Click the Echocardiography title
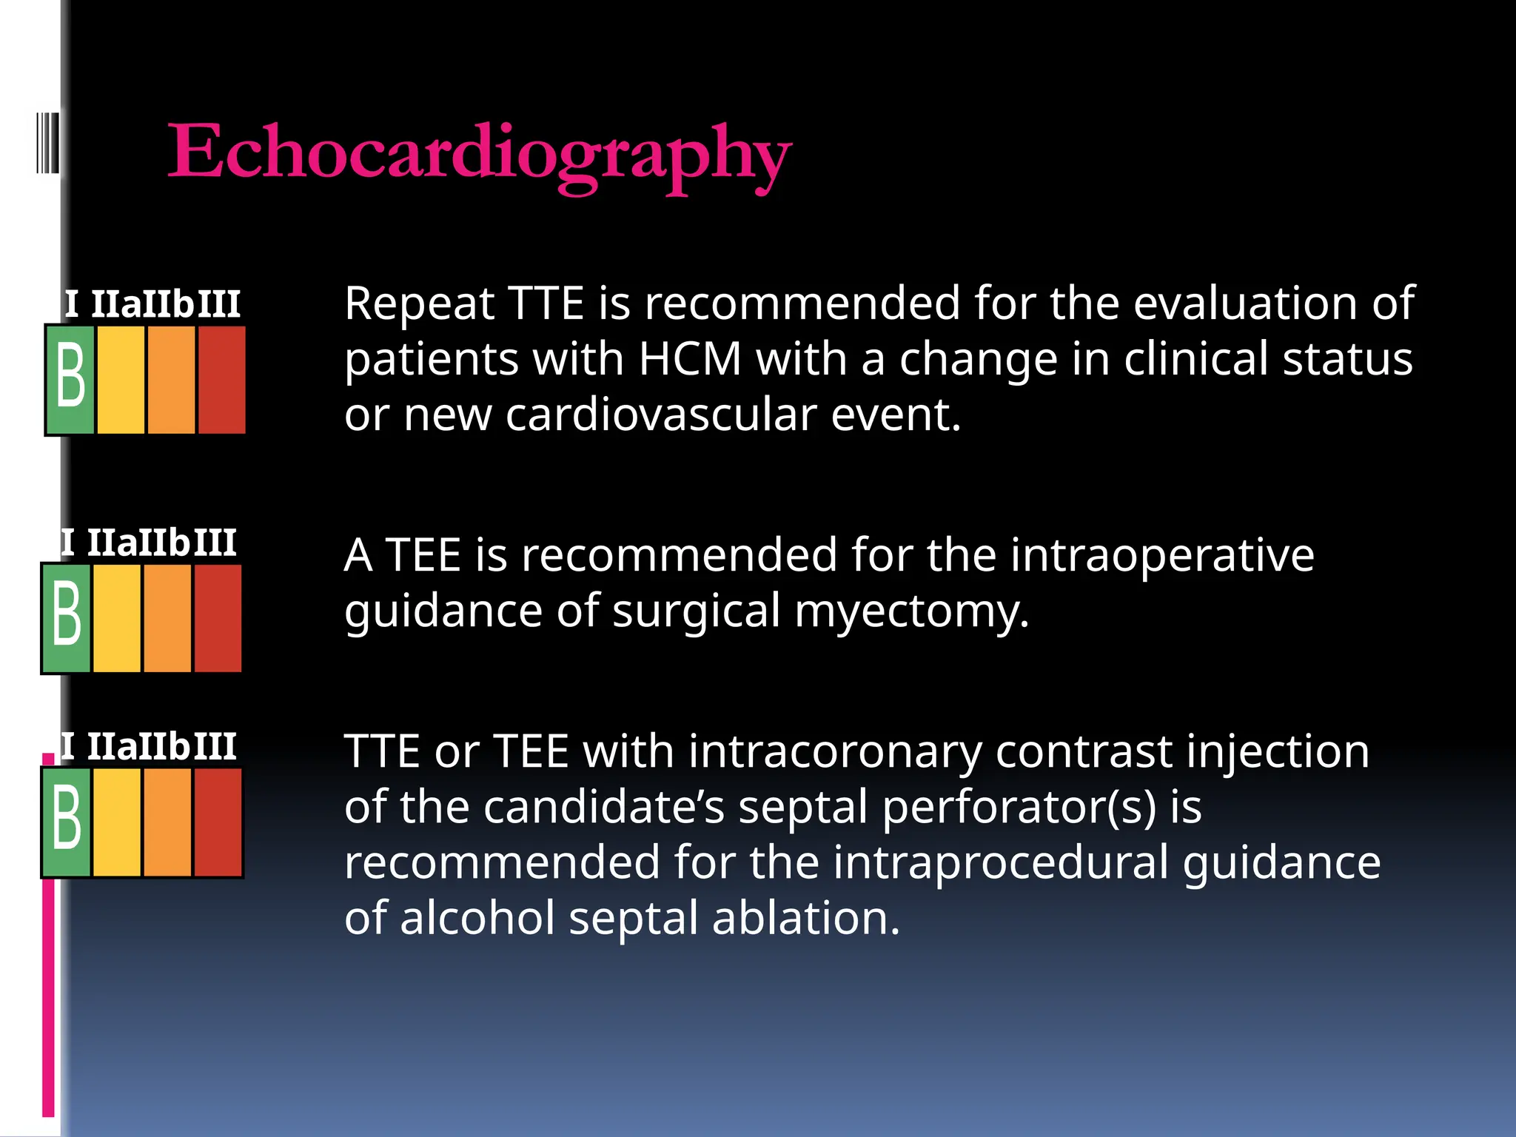480,153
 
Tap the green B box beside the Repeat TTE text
70,380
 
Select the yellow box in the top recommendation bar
120,380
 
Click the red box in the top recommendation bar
221,380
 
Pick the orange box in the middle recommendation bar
167,618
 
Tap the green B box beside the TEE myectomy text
67,618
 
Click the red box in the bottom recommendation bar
218,822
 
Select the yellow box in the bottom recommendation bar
116,822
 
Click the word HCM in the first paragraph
689,360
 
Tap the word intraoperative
1162,555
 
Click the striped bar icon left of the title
47,142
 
